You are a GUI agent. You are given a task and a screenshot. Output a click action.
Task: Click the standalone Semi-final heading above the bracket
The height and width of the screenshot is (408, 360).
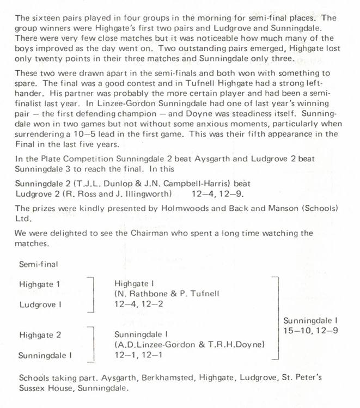(39, 264)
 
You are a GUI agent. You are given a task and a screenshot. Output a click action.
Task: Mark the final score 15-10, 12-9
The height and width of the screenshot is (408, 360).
(311, 330)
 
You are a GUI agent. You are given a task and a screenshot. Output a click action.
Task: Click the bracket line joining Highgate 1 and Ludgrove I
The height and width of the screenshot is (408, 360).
(94, 295)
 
